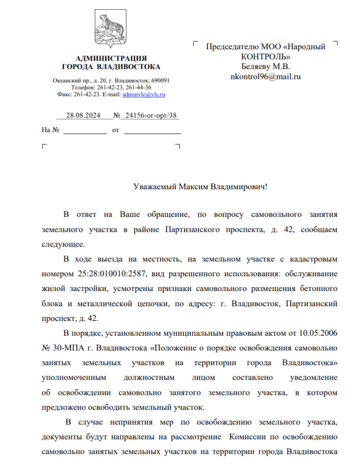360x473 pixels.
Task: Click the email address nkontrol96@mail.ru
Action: (x=265, y=76)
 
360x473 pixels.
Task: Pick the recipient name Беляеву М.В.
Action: (x=265, y=67)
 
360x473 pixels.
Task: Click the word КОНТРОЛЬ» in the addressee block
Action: (x=266, y=57)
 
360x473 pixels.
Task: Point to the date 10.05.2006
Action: (x=318, y=333)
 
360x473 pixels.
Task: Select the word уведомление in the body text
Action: (x=313, y=377)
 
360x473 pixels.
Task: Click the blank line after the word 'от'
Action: (x=153, y=131)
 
